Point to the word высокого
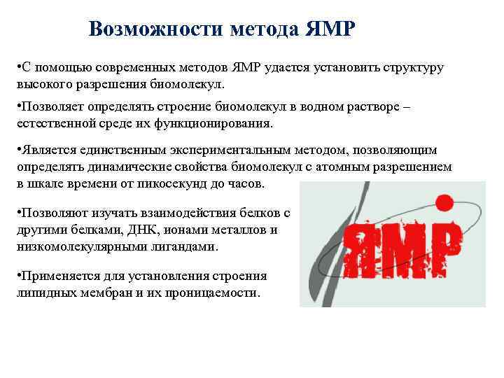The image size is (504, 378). (x=45, y=84)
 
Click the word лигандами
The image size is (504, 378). (x=178, y=246)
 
